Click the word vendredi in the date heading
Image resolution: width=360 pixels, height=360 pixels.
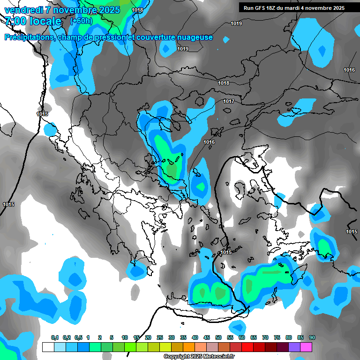point(23,10)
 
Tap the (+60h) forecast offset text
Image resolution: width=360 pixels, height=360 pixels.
point(81,22)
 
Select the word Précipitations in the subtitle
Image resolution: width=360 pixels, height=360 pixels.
point(29,37)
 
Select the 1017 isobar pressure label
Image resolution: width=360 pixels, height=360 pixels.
point(229,101)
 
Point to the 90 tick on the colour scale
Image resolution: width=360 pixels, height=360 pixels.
point(312,337)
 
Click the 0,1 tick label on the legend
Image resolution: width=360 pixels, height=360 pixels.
point(54,337)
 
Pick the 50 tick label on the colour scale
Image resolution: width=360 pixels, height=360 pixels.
point(218,337)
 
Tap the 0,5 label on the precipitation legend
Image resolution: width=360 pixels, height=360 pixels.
point(78,337)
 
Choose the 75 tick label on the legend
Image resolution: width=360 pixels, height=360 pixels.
point(277,337)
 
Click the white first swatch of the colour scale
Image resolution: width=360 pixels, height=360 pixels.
point(48,347)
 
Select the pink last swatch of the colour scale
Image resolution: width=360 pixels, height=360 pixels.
point(306,347)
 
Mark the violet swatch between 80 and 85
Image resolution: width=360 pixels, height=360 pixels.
point(294,347)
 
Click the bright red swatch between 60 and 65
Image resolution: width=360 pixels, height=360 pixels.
point(247,347)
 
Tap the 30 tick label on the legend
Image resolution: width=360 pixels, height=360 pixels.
point(172,337)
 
